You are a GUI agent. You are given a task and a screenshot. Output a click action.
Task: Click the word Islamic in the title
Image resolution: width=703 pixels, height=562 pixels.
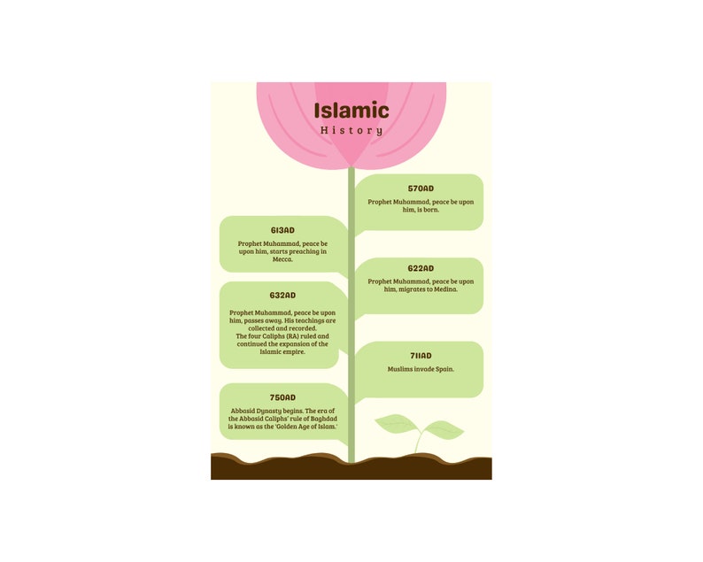pos(351,111)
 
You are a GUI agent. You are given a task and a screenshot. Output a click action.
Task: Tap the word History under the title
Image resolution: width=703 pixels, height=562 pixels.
pos(351,130)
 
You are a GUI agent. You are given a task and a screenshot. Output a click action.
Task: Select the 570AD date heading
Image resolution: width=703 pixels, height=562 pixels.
pos(421,189)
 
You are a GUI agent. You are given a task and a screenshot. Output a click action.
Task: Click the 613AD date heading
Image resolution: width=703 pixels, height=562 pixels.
pos(282,230)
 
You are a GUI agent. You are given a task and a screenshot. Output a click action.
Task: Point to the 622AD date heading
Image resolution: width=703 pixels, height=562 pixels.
pos(421,268)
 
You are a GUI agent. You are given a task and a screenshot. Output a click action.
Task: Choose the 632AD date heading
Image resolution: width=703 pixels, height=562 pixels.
pos(282,296)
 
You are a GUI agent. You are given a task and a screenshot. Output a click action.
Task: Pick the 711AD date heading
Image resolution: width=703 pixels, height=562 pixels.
pos(421,356)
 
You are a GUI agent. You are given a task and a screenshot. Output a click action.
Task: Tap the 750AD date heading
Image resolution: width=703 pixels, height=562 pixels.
pos(282,397)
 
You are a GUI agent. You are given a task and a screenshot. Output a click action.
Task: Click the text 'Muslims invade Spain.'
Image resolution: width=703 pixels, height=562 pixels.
pos(421,369)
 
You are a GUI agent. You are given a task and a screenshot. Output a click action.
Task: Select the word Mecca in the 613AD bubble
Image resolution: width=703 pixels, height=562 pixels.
pos(282,260)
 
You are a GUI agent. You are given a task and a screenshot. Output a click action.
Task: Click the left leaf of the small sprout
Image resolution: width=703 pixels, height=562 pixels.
pos(395,424)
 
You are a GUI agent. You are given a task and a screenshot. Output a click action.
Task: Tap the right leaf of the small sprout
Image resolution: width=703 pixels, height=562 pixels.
pos(444,431)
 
